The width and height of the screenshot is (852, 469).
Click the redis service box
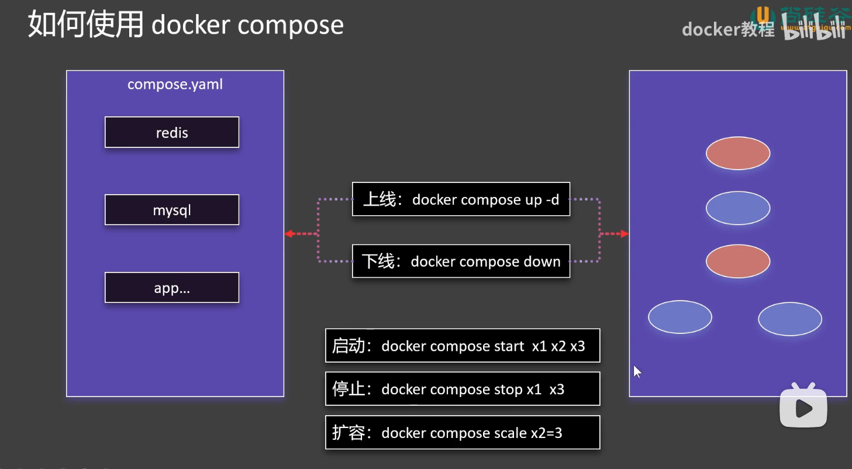(x=172, y=132)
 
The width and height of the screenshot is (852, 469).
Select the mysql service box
(x=172, y=210)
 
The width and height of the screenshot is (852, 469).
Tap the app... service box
(x=172, y=287)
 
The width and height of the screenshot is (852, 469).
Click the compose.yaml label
(x=175, y=84)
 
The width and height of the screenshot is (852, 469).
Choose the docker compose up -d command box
(x=461, y=199)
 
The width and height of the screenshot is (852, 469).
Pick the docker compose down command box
(x=461, y=261)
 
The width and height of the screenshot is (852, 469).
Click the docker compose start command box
(x=463, y=346)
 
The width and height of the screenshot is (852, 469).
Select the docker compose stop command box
(x=463, y=389)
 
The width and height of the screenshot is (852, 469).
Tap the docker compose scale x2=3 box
(x=463, y=432)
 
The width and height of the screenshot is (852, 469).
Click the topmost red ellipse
(x=738, y=153)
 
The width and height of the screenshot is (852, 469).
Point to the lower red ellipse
(x=738, y=261)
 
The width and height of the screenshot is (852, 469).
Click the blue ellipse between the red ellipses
(x=738, y=208)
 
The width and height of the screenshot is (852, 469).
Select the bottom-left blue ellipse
(x=680, y=317)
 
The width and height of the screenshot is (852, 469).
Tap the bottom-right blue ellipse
(x=790, y=319)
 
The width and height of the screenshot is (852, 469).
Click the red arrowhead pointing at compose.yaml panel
(x=288, y=234)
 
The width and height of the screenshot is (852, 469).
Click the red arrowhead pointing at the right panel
(x=625, y=234)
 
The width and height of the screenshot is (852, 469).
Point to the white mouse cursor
(x=637, y=371)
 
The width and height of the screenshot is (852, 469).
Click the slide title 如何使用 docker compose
(x=186, y=25)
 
